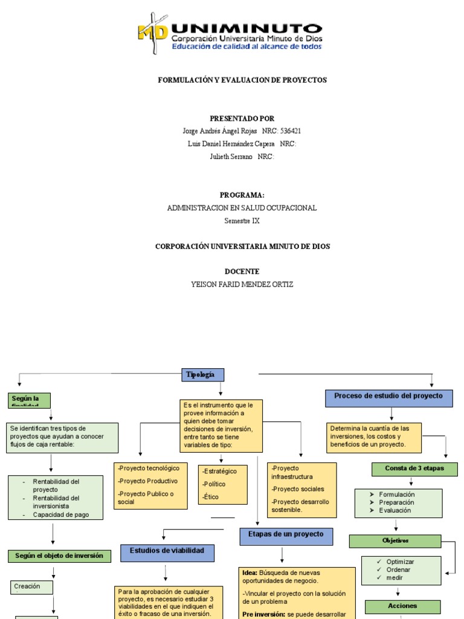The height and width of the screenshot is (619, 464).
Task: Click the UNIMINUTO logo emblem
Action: point(153,33)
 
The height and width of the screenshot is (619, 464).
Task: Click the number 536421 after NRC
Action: point(291,131)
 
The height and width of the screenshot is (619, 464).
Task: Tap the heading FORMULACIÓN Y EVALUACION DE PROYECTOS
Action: point(242,80)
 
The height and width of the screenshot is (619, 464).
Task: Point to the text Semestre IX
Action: point(242,221)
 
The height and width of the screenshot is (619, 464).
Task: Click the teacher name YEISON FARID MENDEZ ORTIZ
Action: point(242,284)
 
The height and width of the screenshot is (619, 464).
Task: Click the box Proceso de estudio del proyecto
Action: point(389,397)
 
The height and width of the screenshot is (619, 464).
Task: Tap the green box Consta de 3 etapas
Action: point(414,468)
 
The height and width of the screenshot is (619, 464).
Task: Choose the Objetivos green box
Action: point(395,540)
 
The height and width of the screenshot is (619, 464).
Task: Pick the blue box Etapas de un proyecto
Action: point(282,535)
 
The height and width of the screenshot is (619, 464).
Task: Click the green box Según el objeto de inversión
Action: point(59,556)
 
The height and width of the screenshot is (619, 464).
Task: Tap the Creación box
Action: point(31,586)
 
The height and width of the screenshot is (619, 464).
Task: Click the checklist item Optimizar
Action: point(400,562)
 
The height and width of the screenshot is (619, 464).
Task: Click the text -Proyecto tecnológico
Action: point(149,468)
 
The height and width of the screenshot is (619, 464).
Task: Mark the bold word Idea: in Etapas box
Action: point(250,572)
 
